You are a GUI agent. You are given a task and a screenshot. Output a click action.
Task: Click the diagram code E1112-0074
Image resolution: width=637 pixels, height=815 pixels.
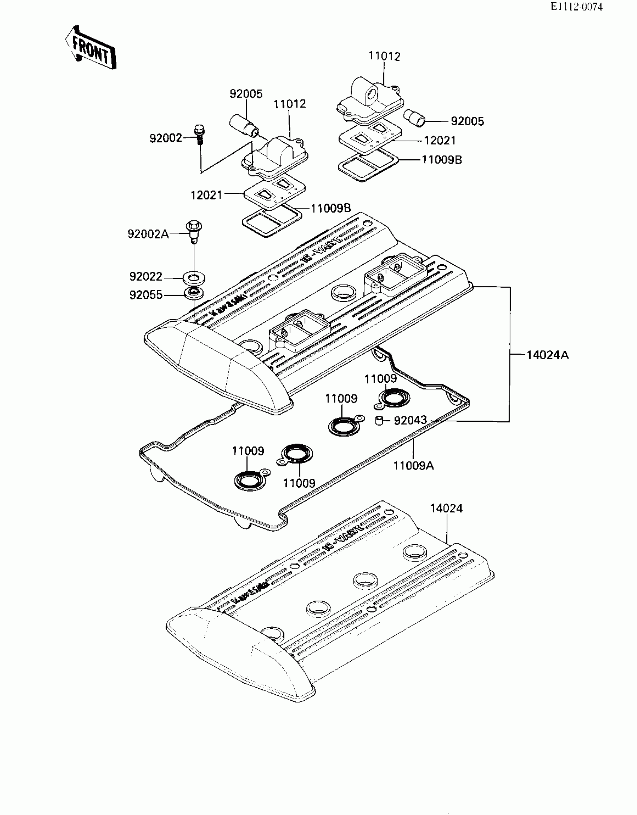point(576,7)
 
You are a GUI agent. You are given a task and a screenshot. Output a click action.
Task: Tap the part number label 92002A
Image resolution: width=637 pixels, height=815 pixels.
point(148,234)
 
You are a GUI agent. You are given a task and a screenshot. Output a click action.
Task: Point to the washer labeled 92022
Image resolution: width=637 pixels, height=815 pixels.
point(194,279)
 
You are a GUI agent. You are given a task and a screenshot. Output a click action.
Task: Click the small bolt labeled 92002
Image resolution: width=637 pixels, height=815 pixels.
point(199,135)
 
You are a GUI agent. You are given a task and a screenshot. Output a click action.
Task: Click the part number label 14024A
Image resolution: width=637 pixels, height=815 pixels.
point(547,355)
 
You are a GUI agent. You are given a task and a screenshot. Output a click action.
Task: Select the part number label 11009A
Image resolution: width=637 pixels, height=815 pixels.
point(413,466)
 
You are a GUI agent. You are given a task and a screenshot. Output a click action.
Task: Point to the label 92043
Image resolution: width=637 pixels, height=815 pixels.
point(410,420)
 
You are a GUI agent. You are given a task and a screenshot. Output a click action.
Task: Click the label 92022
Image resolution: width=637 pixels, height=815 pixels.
point(146,277)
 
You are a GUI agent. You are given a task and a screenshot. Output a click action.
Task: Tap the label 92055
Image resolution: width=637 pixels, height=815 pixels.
point(146,295)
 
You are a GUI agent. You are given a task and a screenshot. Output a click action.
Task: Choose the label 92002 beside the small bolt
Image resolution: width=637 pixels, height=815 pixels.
point(166,138)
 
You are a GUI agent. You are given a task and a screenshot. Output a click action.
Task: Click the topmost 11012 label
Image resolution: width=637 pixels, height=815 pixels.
point(384,56)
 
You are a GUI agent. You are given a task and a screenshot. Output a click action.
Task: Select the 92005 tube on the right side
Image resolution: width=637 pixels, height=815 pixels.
point(414,118)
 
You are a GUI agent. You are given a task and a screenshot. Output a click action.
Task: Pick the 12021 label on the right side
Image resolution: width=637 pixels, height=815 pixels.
point(440,141)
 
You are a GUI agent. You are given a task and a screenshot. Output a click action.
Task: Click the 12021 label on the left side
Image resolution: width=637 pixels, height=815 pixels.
point(206,195)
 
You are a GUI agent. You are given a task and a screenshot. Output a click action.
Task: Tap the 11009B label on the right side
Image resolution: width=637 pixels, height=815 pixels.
point(442,160)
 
